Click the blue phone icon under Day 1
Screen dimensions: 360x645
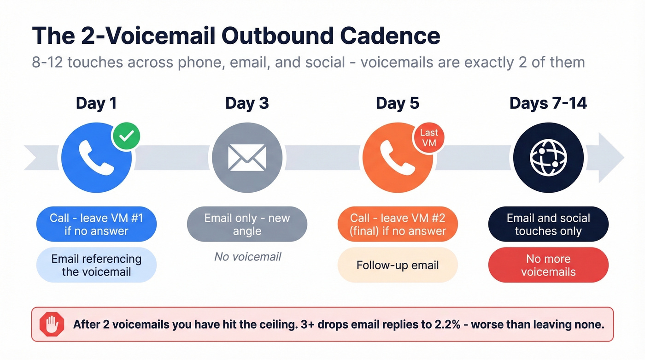(96, 158)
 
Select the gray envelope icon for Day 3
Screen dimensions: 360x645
(247, 158)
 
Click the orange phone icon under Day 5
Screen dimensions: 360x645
(398, 158)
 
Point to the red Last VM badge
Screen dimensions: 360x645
(428, 138)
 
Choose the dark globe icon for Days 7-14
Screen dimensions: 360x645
(548, 158)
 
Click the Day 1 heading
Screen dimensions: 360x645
(96, 103)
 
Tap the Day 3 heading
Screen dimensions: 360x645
(247, 103)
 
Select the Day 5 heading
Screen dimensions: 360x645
(398, 103)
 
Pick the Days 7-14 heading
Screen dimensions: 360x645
(548, 103)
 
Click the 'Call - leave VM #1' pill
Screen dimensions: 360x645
(96, 224)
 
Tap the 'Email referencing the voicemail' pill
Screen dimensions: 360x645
(96, 265)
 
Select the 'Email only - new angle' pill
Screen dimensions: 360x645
(247, 224)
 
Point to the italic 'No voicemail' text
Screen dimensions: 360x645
(247, 257)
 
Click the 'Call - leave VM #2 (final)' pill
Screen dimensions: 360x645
(398, 224)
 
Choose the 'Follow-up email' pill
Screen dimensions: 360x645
(398, 265)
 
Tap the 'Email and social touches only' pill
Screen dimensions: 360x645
(548, 224)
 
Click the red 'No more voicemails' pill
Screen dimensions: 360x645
(548, 265)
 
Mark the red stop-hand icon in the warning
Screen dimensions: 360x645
(52, 324)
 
